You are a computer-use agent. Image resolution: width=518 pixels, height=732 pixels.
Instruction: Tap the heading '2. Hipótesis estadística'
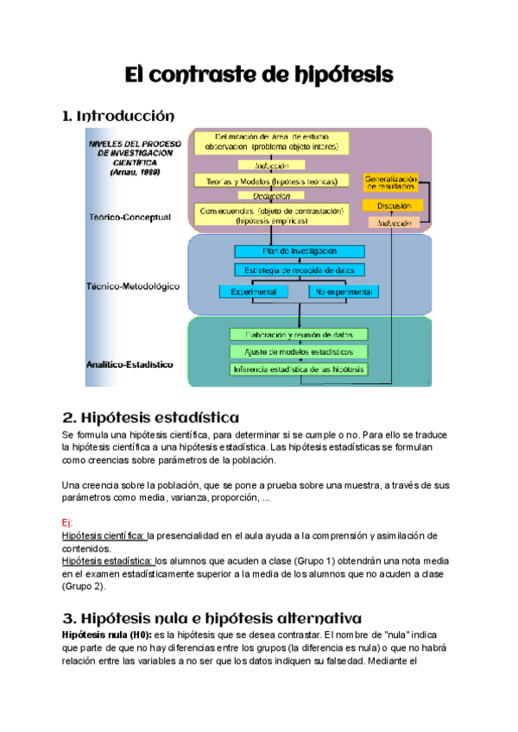(x=150, y=418)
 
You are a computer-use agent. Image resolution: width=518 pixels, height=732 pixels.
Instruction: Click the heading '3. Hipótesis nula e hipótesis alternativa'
(x=212, y=618)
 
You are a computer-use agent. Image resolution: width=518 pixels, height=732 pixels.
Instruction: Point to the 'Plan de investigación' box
(x=299, y=251)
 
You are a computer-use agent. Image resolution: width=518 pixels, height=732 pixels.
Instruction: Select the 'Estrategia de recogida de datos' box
(x=299, y=270)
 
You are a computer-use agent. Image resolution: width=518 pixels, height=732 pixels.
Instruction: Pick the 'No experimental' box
(x=343, y=293)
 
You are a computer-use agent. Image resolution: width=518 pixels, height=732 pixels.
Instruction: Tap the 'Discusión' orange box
(x=392, y=205)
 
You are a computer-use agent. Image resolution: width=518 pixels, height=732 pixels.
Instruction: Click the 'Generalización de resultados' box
(x=392, y=182)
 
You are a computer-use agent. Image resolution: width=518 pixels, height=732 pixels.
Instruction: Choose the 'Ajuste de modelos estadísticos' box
(x=299, y=351)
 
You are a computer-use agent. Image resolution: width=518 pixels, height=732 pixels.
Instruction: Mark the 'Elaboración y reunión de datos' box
(x=299, y=334)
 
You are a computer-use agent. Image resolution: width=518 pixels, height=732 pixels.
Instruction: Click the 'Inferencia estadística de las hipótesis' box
(x=299, y=369)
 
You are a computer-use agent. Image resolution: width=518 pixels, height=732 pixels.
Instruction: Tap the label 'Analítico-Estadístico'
(x=129, y=364)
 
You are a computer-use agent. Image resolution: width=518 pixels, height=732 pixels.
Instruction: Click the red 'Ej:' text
(x=68, y=523)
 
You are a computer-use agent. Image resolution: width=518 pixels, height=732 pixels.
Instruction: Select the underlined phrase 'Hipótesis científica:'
(x=104, y=536)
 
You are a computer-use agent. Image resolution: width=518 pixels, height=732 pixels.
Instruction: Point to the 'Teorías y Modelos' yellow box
(x=271, y=181)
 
